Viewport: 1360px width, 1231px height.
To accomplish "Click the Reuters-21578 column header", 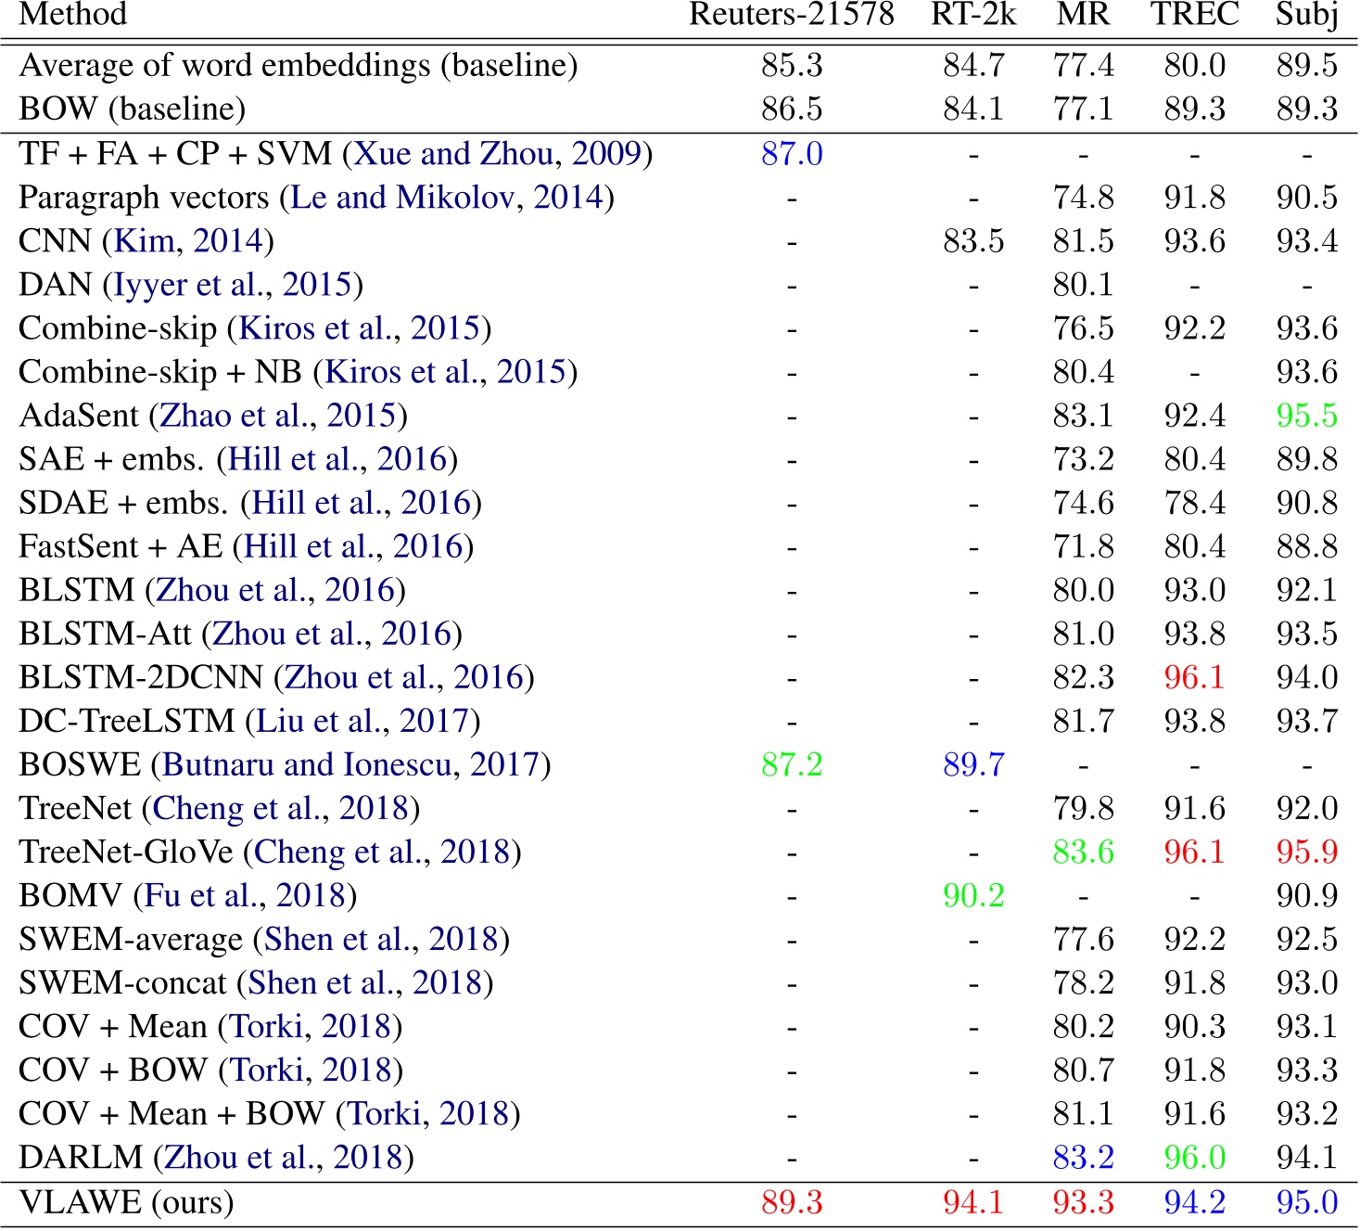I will click(x=792, y=14).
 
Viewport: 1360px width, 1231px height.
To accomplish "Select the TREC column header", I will click(x=1194, y=14).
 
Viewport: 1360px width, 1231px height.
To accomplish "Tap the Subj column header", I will click(x=1306, y=14).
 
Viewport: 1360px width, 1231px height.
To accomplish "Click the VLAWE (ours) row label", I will click(x=126, y=1202).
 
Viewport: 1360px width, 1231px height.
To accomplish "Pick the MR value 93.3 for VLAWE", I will click(x=1083, y=1202).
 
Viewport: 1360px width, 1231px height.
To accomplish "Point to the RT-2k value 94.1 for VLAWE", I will click(x=973, y=1202).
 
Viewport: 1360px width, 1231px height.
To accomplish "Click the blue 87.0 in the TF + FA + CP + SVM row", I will click(x=792, y=153).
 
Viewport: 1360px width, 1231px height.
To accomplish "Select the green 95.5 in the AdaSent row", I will click(x=1306, y=416).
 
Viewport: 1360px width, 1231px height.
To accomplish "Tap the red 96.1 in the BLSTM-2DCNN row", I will click(x=1194, y=677).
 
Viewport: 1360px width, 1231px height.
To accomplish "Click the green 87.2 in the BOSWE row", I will click(x=792, y=764).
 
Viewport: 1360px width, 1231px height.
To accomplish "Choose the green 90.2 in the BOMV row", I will click(x=973, y=895).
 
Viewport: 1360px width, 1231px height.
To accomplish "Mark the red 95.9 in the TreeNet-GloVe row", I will click(x=1306, y=852).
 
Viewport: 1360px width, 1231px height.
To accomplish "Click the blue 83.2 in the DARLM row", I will click(x=1083, y=1158).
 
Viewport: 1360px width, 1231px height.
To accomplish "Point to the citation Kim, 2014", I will click(x=189, y=241).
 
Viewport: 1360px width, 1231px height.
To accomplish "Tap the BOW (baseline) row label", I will click(x=132, y=109).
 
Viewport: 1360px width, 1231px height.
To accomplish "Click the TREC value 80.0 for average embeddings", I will click(x=1194, y=65).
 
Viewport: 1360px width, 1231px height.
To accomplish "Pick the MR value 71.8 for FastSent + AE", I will click(x=1083, y=546).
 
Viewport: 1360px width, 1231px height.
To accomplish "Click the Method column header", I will click(x=73, y=14).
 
